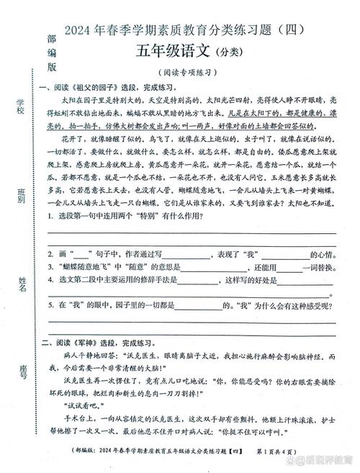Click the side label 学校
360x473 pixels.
(x=21, y=108)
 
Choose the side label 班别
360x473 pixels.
(x=21, y=195)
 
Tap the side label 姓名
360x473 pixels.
(x=22, y=281)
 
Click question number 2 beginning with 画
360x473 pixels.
(x=50, y=254)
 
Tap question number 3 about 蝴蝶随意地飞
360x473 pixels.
(x=50, y=266)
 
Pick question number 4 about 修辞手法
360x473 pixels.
(x=50, y=279)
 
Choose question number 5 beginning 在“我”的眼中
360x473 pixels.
(x=50, y=305)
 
